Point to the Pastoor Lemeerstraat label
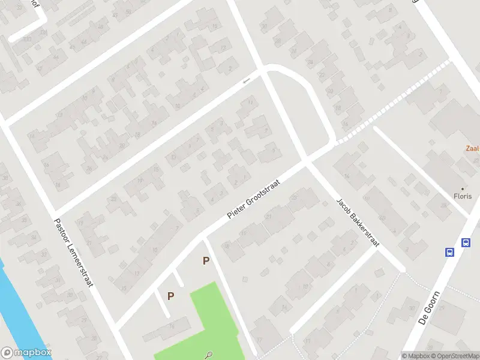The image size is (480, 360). [x=73, y=252]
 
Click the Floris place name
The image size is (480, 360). [x=462, y=196]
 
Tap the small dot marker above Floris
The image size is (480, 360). [x=462, y=188]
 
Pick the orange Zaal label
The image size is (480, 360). [x=473, y=148]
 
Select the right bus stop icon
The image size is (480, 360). [x=466, y=242]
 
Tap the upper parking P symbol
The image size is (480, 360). [x=206, y=260]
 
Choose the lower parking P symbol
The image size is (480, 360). [x=171, y=296]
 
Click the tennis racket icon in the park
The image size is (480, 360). [x=208, y=355]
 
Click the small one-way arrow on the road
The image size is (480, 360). [x=245, y=81]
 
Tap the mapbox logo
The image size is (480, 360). [x=26, y=353]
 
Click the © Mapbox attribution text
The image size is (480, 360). [x=416, y=356]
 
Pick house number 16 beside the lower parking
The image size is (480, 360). [x=226, y=245]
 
